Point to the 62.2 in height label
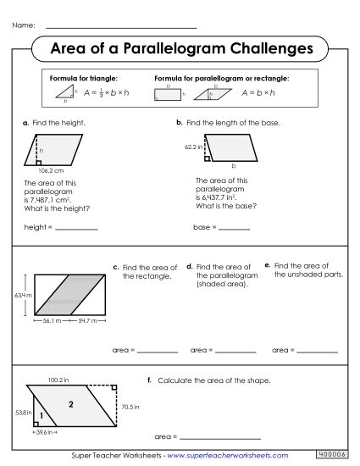[x=194, y=147]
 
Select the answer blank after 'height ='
[x=76, y=229]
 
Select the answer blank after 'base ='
[x=234, y=229]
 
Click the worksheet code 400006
[x=331, y=456]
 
